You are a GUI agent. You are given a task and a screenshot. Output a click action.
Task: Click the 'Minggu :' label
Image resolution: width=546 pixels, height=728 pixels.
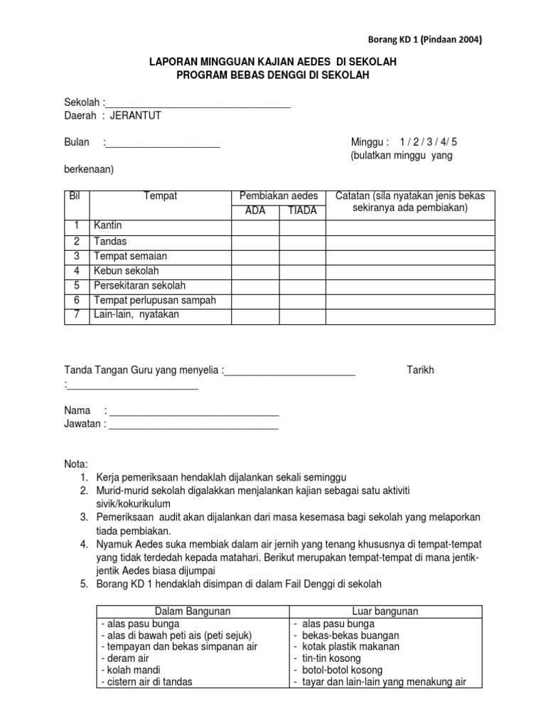[x=371, y=142]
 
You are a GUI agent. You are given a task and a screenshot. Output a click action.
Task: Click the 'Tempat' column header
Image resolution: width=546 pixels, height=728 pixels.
[x=160, y=196]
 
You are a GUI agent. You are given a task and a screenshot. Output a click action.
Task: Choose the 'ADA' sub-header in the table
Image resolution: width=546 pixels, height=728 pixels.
[x=255, y=211]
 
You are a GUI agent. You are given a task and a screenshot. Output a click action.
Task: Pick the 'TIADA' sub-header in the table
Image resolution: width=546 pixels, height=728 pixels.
[x=302, y=211]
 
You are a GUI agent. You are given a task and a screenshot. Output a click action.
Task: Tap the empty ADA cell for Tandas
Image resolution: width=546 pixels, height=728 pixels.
[x=255, y=241]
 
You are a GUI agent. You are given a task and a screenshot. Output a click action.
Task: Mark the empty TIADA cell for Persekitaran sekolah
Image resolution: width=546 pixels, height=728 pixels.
[x=302, y=286]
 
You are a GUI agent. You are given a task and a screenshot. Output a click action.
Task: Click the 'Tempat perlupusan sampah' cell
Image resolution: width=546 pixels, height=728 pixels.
[x=154, y=300]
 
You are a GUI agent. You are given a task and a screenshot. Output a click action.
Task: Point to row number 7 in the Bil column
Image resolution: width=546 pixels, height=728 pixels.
[x=76, y=315]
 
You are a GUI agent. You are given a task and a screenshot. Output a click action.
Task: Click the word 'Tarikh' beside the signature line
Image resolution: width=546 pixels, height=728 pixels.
[x=420, y=370]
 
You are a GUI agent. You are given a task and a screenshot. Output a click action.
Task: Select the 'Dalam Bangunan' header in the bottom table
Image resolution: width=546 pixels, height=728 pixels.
[x=192, y=611]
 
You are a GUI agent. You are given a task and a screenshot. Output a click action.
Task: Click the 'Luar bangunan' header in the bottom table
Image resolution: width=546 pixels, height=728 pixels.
[x=385, y=611]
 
